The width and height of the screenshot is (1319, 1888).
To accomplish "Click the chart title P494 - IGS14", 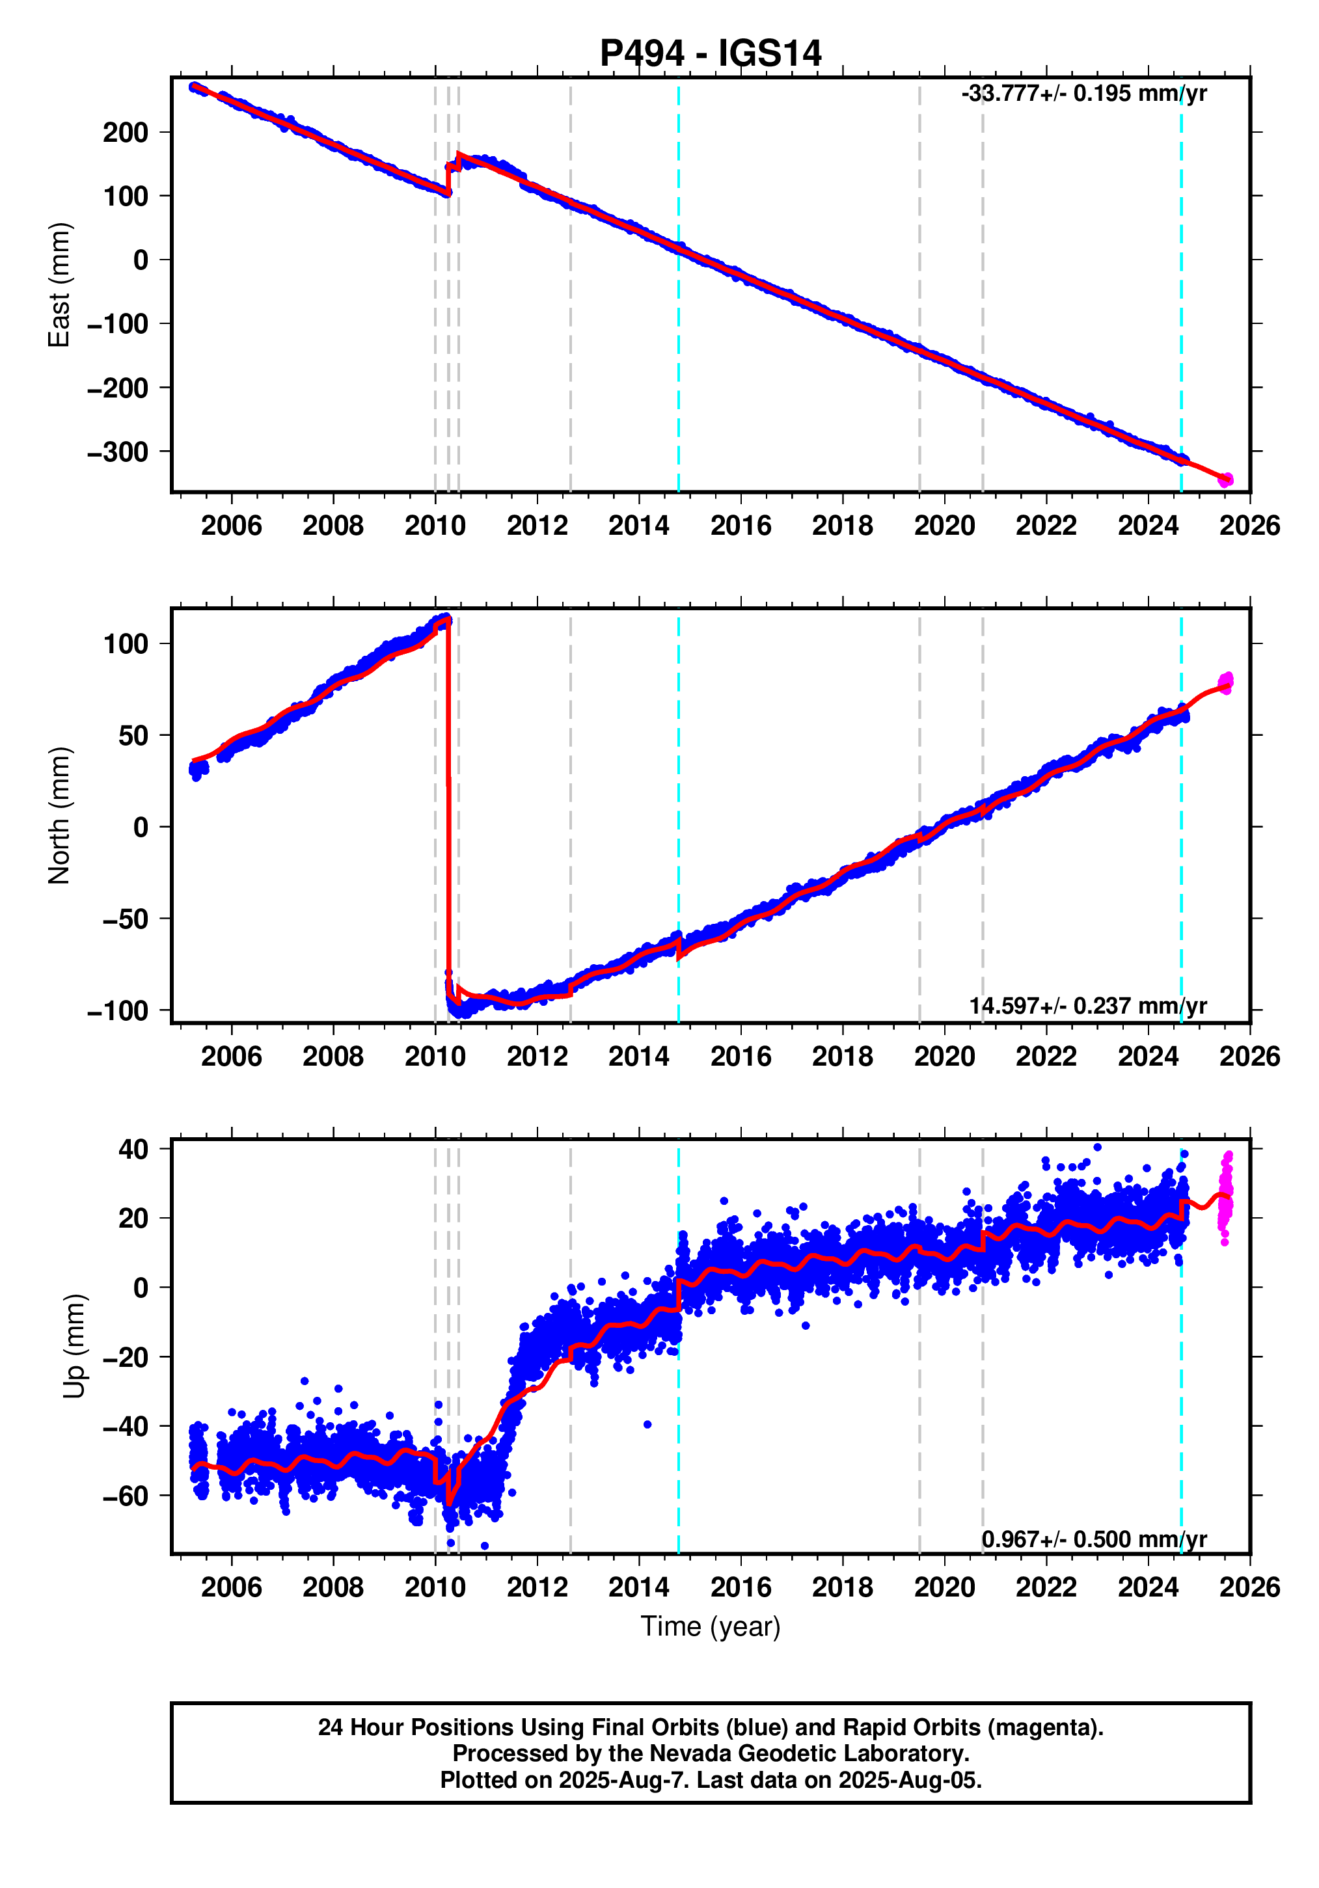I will coord(710,53).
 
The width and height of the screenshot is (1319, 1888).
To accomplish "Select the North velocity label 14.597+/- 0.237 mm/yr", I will coord(1087,1006).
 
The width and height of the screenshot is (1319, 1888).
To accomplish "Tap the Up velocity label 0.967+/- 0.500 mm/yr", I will coord(1094,1539).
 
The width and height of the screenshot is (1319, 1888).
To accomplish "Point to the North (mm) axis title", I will coord(59,816).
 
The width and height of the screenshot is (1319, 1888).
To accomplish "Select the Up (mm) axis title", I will coord(74,1346).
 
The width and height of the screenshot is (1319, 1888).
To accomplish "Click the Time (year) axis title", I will coord(710,1626).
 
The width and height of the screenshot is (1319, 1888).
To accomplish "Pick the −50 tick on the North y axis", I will coord(125,919).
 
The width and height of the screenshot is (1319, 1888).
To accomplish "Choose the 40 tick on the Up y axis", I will coord(133,1149).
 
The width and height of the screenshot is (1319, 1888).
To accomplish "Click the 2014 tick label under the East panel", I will coord(638,526).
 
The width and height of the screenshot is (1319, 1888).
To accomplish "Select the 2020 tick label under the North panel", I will coord(944,1056).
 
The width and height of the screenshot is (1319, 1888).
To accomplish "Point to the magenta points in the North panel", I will coord(1225,682).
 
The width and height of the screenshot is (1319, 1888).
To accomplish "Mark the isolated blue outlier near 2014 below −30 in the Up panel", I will coord(647,1424).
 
